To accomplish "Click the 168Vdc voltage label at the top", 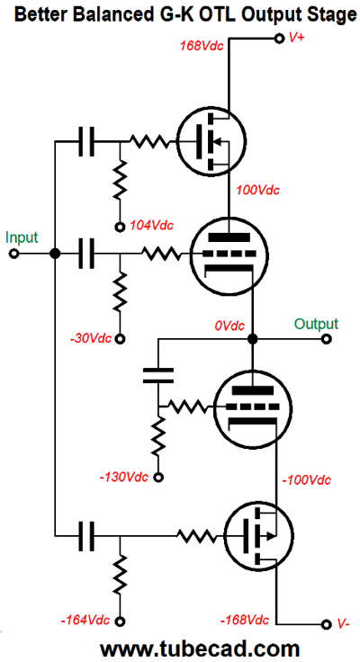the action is tap(202, 45).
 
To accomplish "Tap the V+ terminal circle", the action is tap(278, 39).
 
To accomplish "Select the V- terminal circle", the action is tap(325, 624).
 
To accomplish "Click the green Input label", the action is tap(22, 237).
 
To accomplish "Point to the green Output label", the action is tap(317, 324).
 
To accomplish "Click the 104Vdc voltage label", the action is tap(152, 226).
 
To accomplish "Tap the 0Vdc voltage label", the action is tap(229, 326).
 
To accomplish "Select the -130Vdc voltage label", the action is tap(124, 478).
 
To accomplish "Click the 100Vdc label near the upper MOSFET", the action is tap(258, 190).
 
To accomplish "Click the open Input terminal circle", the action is tap(13, 254).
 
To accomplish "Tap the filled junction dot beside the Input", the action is tap(55, 254).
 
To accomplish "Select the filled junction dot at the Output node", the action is tap(252, 338).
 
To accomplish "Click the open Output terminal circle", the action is tap(326, 338).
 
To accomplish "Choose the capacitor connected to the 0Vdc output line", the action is tap(158, 375).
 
